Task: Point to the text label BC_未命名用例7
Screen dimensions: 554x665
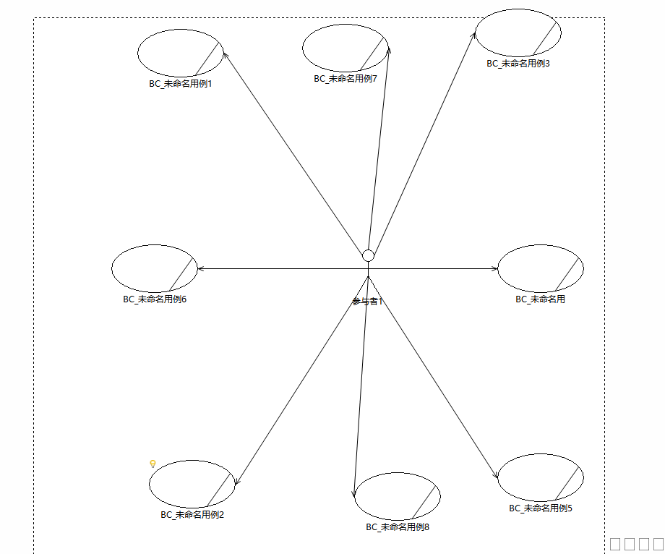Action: click(346, 79)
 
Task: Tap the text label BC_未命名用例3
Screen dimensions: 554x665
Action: click(518, 64)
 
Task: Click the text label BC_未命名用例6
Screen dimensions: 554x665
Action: click(155, 299)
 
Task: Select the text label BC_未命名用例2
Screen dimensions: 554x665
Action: click(192, 515)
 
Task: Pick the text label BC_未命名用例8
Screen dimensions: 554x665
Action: click(398, 527)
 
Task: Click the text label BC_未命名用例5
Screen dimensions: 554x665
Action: click(541, 508)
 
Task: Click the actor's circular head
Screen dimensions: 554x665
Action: click(368, 255)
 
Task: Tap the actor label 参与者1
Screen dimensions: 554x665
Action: click(367, 302)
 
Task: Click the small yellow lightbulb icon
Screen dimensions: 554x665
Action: click(153, 464)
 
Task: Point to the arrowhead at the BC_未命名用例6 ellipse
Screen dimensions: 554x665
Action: click(201, 269)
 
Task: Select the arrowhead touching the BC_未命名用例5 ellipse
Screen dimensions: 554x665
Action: click(497, 476)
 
